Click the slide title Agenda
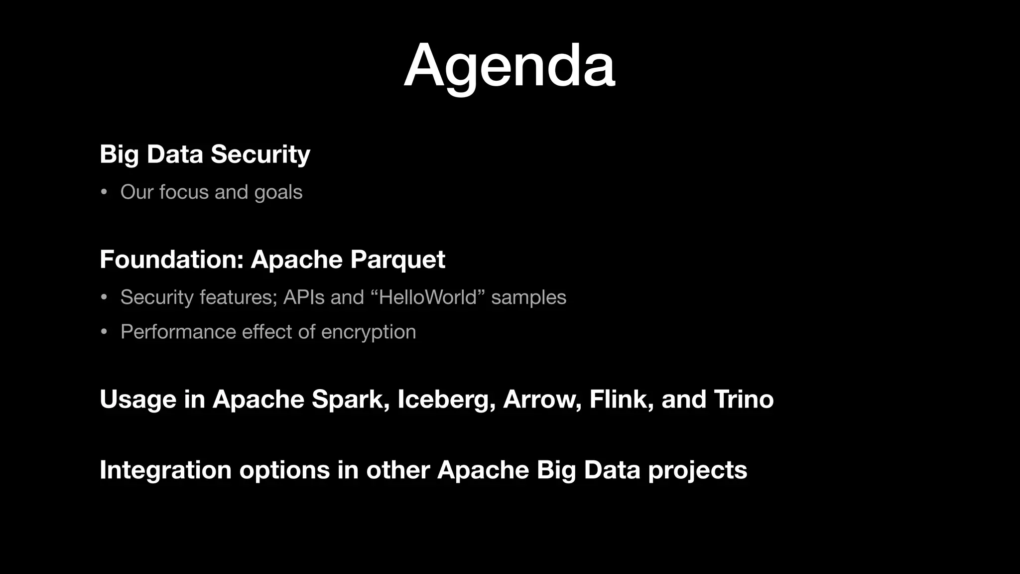tap(509, 66)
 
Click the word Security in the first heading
tap(260, 154)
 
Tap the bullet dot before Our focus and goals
tap(104, 192)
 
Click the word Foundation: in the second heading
tap(171, 260)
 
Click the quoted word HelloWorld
tap(428, 297)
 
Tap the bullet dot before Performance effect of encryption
tap(104, 332)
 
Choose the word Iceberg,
tap(446, 400)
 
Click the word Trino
tap(744, 400)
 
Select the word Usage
tap(138, 400)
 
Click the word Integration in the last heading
tap(165, 470)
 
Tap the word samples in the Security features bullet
tap(528, 297)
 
